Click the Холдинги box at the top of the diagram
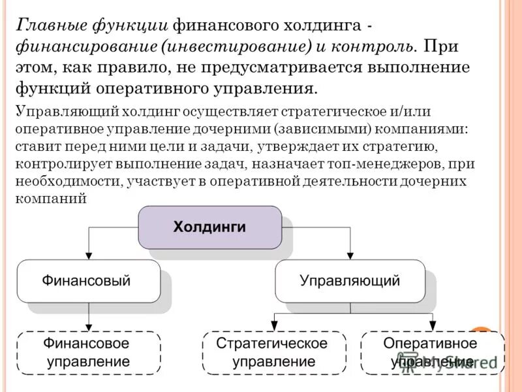[x=209, y=227]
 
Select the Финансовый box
[x=88, y=281]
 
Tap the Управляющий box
[x=350, y=281]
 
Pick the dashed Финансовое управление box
[x=88, y=352]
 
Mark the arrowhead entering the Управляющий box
[x=350, y=255]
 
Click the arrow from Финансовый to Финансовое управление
[x=88, y=317]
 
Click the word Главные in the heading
[x=46, y=25]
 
